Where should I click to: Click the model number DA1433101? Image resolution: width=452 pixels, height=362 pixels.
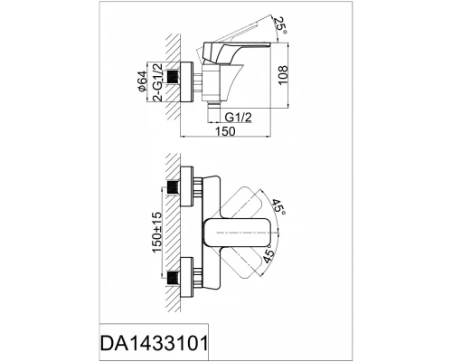pos(154,343)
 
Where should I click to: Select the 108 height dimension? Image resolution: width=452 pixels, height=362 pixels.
pos(283,75)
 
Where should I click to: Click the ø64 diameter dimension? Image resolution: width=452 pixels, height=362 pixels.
pos(142,81)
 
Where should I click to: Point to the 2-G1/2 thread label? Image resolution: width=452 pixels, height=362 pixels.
pos(157,82)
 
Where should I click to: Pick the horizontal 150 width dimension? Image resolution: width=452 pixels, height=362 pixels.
pos(224,131)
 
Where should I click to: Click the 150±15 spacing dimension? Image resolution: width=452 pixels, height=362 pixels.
pos(157,233)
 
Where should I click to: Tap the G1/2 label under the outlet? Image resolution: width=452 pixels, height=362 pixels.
pos(238,117)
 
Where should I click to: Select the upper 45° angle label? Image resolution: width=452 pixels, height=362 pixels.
pos(278,206)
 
